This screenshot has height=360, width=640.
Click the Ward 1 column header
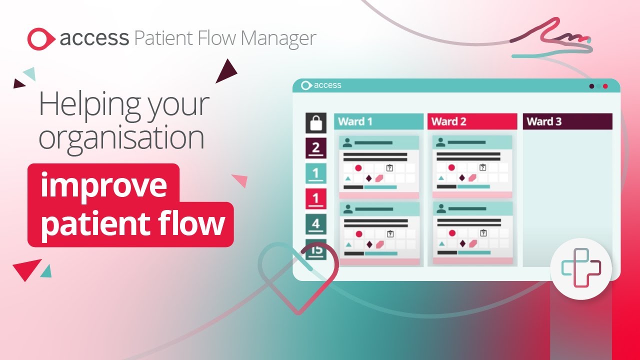(x=378, y=121)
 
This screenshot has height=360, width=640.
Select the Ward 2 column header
(x=472, y=121)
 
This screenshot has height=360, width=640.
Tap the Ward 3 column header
(x=567, y=121)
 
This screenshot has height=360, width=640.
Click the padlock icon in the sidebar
(x=316, y=123)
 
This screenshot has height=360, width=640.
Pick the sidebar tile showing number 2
(x=316, y=148)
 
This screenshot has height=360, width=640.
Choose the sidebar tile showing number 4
(x=316, y=224)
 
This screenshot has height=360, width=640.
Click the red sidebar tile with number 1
(x=316, y=199)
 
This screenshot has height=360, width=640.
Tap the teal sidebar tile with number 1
(x=316, y=173)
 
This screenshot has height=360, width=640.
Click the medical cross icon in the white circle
(x=581, y=267)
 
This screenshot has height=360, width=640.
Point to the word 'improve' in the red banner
(x=103, y=185)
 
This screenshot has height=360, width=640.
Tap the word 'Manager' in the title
(x=278, y=38)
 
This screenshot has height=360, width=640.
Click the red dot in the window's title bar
(x=605, y=86)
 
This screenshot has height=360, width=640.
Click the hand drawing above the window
(x=550, y=38)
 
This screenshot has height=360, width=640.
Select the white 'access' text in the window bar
(x=327, y=85)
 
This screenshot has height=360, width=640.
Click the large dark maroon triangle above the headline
(x=226, y=71)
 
